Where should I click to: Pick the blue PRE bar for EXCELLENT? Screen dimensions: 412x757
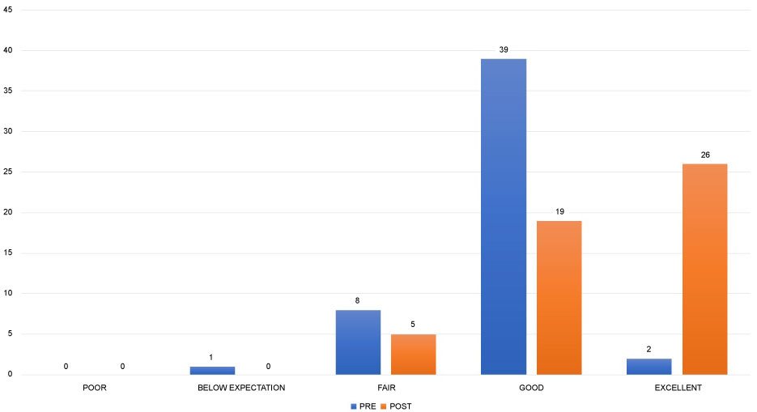click(x=649, y=367)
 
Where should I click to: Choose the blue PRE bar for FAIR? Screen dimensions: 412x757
click(x=358, y=342)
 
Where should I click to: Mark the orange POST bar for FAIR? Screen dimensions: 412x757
click(x=414, y=355)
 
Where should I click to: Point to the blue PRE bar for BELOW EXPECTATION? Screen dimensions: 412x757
click(x=212, y=371)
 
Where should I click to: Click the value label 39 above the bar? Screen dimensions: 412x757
click(x=504, y=50)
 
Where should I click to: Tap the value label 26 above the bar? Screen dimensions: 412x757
click(x=705, y=155)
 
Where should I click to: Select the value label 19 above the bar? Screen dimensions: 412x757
click(x=559, y=212)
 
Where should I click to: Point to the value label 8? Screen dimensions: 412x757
click(x=357, y=301)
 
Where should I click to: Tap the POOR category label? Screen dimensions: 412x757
click(x=95, y=389)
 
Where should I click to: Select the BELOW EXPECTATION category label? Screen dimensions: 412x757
click(x=241, y=389)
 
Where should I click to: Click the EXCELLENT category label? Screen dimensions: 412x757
click(x=678, y=389)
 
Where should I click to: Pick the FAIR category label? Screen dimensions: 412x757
click(x=386, y=389)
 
